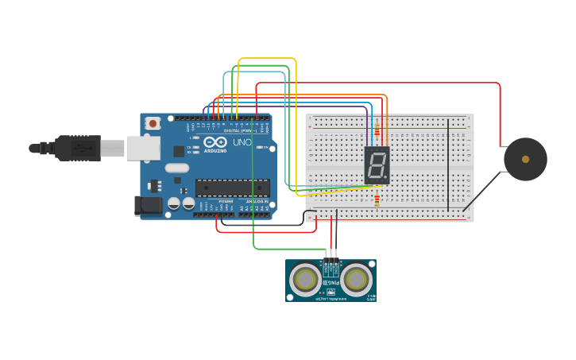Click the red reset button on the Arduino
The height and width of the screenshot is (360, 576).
point(153,123)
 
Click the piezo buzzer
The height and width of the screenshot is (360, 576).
point(525,159)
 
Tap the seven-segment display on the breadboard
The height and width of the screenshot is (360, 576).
point(377,165)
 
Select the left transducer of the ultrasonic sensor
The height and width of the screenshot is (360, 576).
point(305,279)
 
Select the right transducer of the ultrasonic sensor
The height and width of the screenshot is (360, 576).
point(357,279)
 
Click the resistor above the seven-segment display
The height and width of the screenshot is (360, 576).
point(377,130)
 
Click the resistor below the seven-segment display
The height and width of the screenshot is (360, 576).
point(377,200)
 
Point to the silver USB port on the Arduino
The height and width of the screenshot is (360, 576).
point(144,148)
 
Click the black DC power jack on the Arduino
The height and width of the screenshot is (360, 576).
point(148,206)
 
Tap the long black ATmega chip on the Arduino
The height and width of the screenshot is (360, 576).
point(232,188)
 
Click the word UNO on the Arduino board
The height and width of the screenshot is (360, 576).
point(242,143)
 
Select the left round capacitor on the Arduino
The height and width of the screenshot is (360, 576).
point(174,203)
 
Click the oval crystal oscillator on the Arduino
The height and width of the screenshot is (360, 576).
point(177,168)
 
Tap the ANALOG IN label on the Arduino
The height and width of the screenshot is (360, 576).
point(257,202)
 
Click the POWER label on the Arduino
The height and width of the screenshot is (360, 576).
point(226,202)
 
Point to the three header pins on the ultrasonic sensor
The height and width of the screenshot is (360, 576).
point(331,263)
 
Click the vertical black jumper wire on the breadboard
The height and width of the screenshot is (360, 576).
point(448,165)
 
